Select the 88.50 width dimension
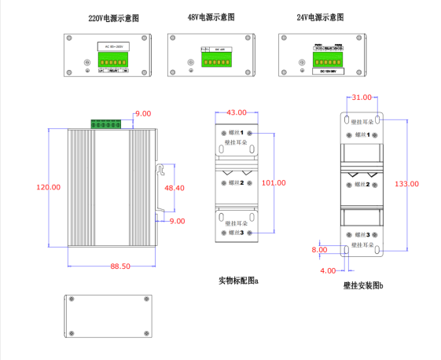pos(120,266)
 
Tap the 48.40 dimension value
pos(174,188)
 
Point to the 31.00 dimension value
pos(362,97)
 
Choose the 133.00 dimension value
pos(406,183)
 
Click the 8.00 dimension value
pos(320,250)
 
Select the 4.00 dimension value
pos(327,270)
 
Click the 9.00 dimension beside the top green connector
pos(143,114)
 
